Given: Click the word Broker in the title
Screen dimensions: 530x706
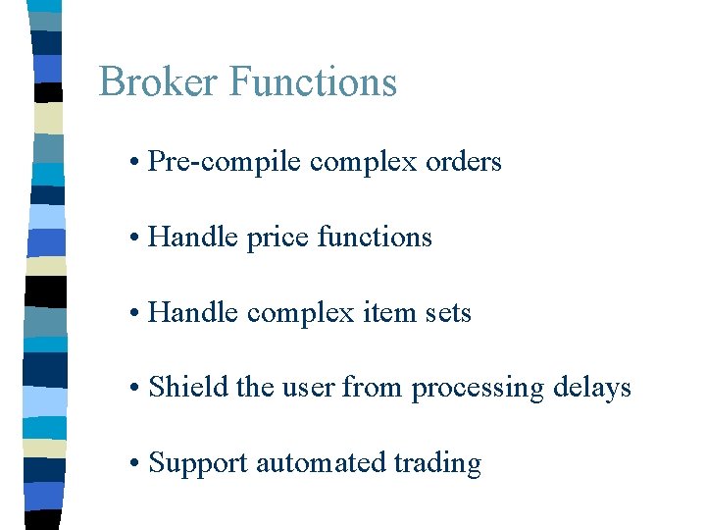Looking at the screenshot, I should (159, 81).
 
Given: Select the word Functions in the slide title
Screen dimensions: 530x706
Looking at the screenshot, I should (313, 81).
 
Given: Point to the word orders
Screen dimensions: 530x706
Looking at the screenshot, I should (464, 162).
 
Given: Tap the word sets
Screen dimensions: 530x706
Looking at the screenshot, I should (449, 313).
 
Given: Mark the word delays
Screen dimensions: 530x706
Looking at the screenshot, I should (591, 389).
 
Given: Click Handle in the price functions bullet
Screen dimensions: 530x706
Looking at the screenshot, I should (193, 238).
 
